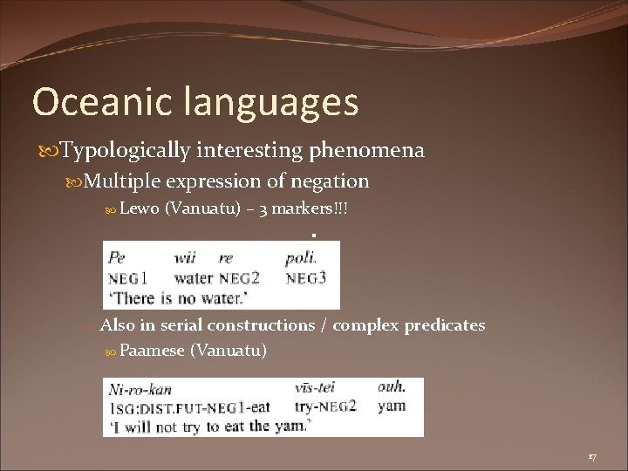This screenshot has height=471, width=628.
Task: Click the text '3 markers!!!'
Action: (315, 209)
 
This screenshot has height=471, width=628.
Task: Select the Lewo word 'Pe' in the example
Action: (116, 258)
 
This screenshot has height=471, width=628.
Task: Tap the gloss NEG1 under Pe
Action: (127, 278)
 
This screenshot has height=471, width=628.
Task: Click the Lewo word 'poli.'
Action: (301, 258)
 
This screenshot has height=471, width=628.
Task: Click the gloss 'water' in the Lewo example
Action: (194, 278)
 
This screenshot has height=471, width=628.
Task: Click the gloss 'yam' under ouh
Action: (392, 406)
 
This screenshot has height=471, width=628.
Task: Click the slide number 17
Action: (592, 456)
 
